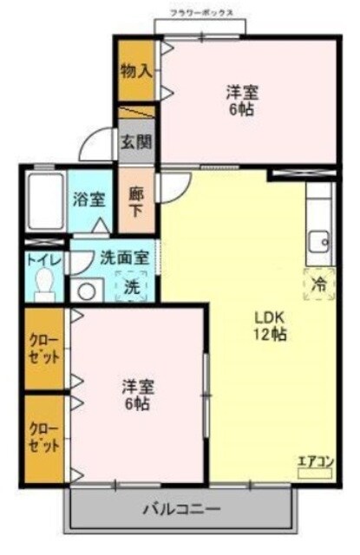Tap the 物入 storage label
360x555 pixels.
coord(136,71)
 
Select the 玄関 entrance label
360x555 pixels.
coord(135,141)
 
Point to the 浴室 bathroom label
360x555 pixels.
coord(88,198)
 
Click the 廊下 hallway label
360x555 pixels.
coord(136,202)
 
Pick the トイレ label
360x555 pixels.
coord(38,258)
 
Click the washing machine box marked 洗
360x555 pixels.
coord(131,285)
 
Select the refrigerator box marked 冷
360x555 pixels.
coord(318,283)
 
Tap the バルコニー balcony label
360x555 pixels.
coord(181,509)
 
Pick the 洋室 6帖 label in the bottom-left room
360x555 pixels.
coord(137,394)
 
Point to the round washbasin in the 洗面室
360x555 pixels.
coord(85,290)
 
